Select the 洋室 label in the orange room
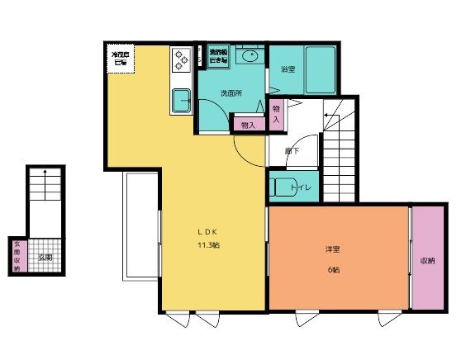pos(332,249)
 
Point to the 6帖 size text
pos(332,270)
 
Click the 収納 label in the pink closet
pos(427,260)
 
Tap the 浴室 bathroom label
pos(288,69)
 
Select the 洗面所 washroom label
pos(231,92)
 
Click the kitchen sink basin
pos(181,102)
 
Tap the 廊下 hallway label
pos(291,151)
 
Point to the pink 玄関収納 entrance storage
pos(17,257)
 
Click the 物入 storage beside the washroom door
pos(247,124)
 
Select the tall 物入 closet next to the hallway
pos(277,114)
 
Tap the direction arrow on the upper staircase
pos(329,114)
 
